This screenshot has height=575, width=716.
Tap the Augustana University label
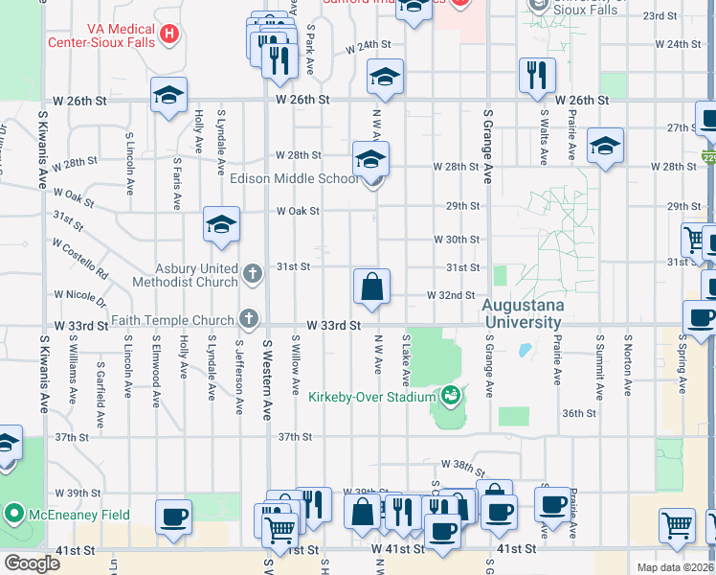(523, 314)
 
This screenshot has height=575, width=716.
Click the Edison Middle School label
(295, 178)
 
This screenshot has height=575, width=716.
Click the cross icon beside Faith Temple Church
(249, 318)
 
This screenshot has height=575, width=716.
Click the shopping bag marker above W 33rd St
(371, 286)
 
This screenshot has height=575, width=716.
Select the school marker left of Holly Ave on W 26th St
(168, 96)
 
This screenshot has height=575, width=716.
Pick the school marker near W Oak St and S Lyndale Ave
(221, 226)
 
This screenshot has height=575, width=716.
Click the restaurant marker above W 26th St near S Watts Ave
(535, 74)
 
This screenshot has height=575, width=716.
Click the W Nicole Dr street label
(80, 294)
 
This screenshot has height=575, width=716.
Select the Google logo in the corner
(32, 563)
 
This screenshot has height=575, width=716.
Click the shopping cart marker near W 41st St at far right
(677, 525)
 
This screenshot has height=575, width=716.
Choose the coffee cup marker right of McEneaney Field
(173, 517)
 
